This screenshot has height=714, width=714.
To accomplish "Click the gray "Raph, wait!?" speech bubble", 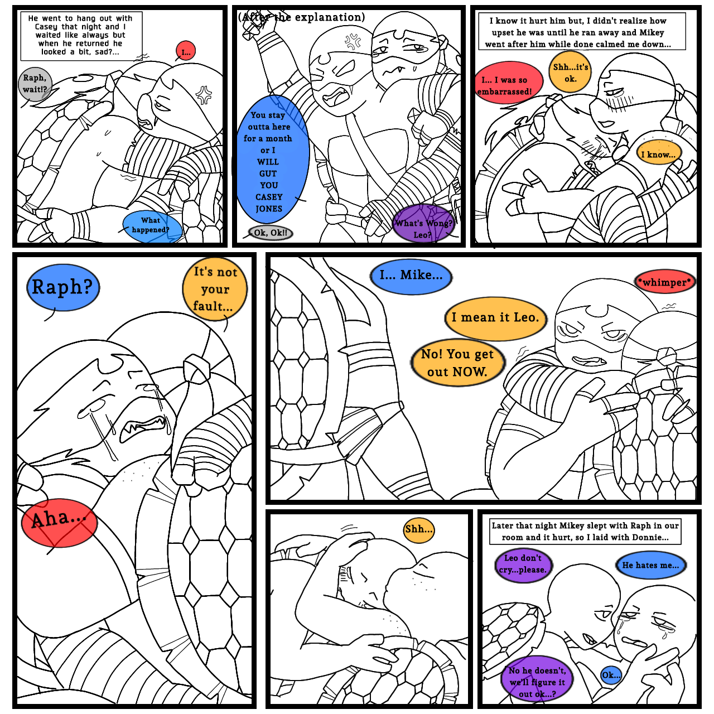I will pos(35,84).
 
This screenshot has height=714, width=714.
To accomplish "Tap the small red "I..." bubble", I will pos(185,52).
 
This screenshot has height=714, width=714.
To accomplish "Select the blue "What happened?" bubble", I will pos(152,226).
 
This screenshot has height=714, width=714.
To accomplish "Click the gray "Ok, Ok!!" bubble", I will pos(271,233).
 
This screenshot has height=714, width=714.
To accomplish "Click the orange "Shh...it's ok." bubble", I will pos(570,72).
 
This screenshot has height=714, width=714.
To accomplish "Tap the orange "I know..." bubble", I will pos(658,154).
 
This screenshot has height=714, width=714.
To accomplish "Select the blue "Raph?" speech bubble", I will pos(62,287).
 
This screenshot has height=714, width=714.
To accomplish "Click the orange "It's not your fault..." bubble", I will pos(215,289).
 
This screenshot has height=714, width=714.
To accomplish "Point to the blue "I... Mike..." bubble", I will pos(411,276).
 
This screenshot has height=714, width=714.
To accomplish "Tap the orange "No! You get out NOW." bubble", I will pos(457,363).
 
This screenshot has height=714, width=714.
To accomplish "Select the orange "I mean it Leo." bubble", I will pos(495,318).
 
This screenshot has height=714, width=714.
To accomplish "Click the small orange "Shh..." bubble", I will pos(419,529).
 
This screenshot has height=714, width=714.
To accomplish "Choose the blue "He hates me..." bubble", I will pos(650,566).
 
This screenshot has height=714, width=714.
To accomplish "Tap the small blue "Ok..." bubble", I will pos(610,676).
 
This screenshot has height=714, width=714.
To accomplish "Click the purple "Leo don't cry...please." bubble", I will pos(523,565).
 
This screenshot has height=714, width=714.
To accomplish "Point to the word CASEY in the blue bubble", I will pos(269,197).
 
